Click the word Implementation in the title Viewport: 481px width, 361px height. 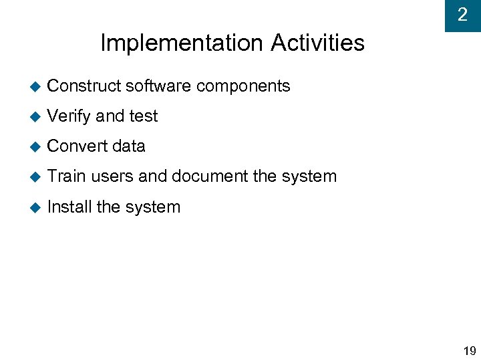(x=182, y=43)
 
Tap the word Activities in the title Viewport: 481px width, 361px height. (x=317, y=43)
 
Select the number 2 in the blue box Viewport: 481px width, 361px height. (x=462, y=14)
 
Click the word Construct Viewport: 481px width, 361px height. (x=84, y=86)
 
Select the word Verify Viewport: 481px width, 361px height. (x=69, y=116)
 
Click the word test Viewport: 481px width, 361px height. (x=143, y=116)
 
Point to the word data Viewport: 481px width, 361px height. (x=129, y=146)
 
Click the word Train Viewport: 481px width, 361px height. (x=67, y=176)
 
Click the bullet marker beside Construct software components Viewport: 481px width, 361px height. (x=35, y=86)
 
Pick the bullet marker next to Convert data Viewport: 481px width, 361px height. (x=35, y=146)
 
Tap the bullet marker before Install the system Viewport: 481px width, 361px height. (x=35, y=207)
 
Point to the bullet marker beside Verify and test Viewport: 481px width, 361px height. (x=35, y=116)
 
